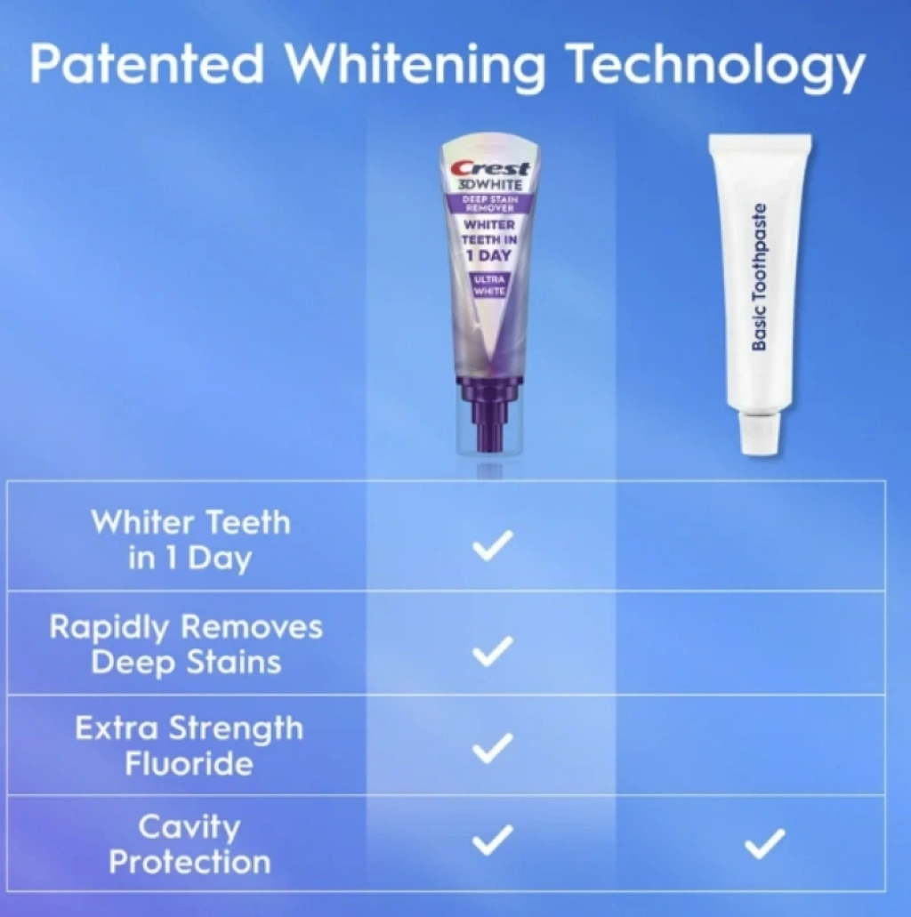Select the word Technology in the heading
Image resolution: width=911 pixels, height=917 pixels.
click(x=717, y=67)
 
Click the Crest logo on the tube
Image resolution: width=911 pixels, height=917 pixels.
click(x=490, y=168)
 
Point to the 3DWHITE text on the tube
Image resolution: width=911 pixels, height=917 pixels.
click(x=489, y=185)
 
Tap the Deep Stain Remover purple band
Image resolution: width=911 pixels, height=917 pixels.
click(x=488, y=204)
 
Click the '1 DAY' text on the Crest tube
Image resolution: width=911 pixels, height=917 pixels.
click(x=488, y=255)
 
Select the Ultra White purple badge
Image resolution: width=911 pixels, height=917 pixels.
click(x=489, y=285)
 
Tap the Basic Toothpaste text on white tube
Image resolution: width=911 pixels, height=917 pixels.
click(x=759, y=278)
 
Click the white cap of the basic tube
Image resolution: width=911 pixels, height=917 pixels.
click(x=760, y=432)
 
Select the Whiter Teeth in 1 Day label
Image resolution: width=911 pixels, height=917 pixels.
click(x=190, y=541)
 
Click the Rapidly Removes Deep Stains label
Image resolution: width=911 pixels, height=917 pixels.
click(x=186, y=645)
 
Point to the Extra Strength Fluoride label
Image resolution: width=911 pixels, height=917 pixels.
click(x=189, y=746)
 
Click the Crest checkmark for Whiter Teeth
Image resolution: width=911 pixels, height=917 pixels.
click(x=493, y=545)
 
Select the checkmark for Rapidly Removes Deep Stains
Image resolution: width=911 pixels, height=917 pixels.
click(x=493, y=651)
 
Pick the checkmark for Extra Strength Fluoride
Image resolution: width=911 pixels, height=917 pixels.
click(x=493, y=748)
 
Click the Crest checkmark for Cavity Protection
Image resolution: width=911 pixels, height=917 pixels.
click(x=493, y=840)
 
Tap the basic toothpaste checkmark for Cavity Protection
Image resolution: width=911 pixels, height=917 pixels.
click(x=765, y=844)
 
